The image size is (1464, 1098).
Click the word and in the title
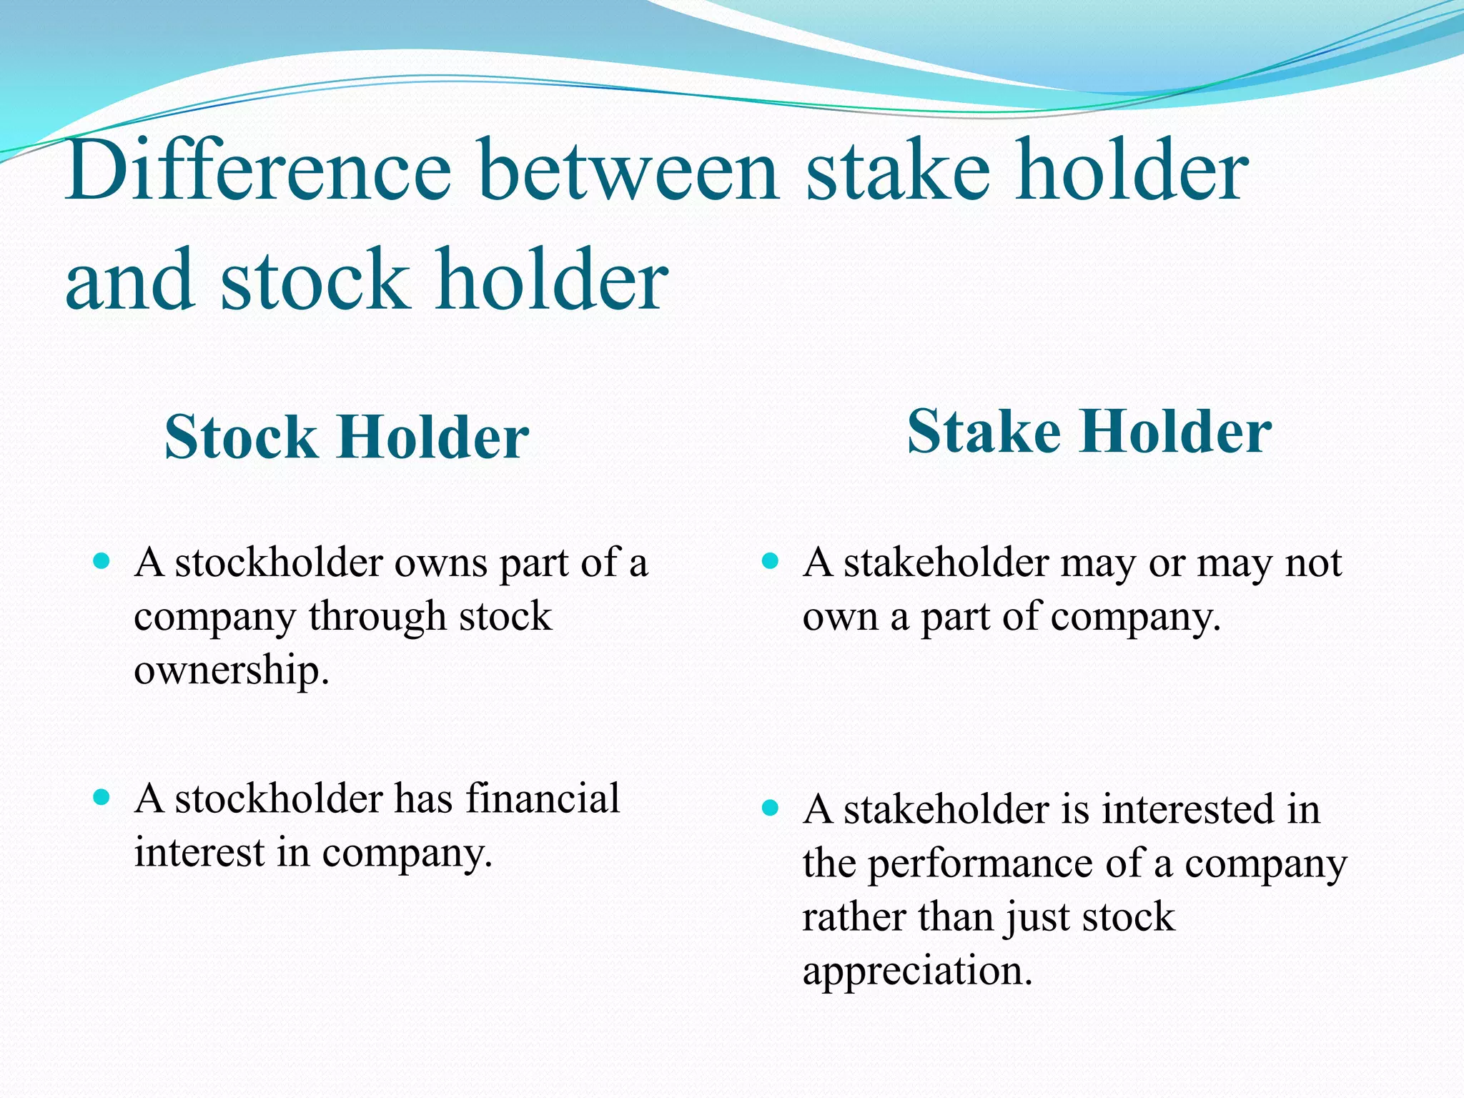[129, 280]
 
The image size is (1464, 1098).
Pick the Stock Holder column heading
[347, 437]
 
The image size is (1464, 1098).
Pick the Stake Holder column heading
[1089, 432]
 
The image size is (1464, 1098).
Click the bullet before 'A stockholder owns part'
[102, 561]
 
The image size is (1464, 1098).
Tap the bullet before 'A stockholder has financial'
[102, 797]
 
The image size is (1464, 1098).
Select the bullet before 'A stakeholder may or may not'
[770, 561]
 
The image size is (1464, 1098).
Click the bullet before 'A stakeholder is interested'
[770, 808]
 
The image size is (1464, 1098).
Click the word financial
[543, 798]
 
